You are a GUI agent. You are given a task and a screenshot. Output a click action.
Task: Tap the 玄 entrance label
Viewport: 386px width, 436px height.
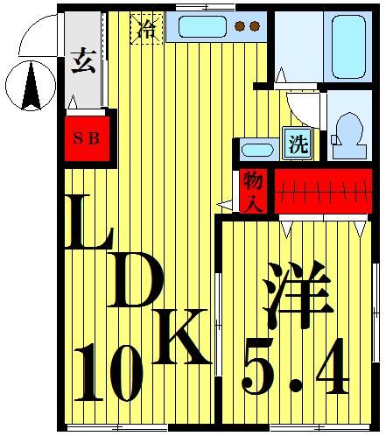point(83,64)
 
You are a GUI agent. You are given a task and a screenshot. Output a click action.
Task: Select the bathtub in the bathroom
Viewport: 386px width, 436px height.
point(346,46)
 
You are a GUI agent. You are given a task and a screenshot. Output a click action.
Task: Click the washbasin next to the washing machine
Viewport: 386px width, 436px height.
point(256,149)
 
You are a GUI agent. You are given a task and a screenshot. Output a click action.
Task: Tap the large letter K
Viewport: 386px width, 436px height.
point(181,338)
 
